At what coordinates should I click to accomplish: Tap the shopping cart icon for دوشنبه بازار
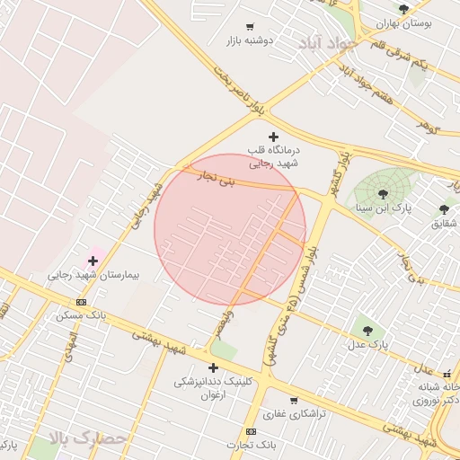click(x=249, y=27)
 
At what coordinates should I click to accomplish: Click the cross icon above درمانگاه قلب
click(x=273, y=137)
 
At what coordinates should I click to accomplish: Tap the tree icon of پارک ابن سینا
click(x=383, y=192)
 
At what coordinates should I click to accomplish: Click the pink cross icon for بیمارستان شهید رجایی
click(x=92, y=261)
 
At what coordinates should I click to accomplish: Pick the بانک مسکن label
click(x=81, y=314)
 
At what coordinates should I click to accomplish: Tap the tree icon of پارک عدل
click(x=367, y=330)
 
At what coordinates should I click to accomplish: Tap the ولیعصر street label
click(x=227, y=323)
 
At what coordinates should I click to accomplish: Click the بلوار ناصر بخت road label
click(x=241, y=88)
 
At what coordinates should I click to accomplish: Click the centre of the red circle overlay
click(x=230, y=229)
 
